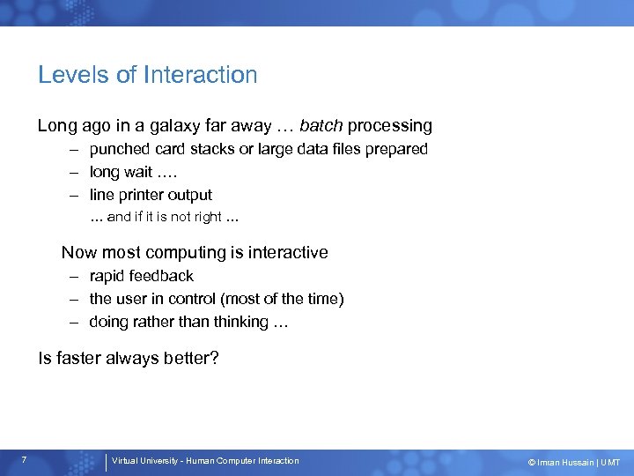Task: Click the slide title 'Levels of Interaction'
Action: click(147, 75)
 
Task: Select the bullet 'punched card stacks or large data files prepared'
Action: click(258, 149)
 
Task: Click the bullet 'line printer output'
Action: click(151, 195)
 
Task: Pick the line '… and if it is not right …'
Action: click(166, 217)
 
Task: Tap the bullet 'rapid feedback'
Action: click(141, 276)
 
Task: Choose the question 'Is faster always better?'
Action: click(129, 359)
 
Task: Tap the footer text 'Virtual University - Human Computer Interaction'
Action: click(205, 461)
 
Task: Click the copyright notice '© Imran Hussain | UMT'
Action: click(573, 462)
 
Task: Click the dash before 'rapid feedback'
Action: click(77, 276)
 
